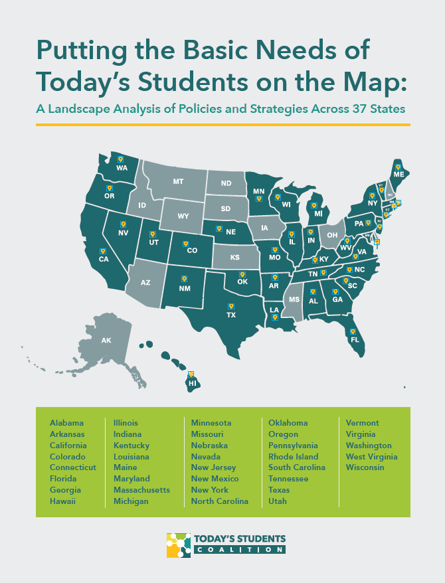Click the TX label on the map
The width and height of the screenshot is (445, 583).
231,315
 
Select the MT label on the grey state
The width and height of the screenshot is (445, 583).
178,181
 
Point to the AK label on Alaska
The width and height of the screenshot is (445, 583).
106,341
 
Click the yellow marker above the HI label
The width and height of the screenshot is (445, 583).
191,375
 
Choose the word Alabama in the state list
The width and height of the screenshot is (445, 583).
66,423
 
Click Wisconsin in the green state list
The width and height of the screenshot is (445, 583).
365,467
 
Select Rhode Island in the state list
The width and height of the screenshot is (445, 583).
293,456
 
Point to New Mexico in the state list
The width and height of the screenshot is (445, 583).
214,479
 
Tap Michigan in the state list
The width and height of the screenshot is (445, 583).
131,501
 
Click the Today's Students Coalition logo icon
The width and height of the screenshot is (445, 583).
179,544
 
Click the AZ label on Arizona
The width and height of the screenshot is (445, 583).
146,282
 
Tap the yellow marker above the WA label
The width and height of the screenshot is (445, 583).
120,159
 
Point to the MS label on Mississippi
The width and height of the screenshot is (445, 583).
294,299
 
